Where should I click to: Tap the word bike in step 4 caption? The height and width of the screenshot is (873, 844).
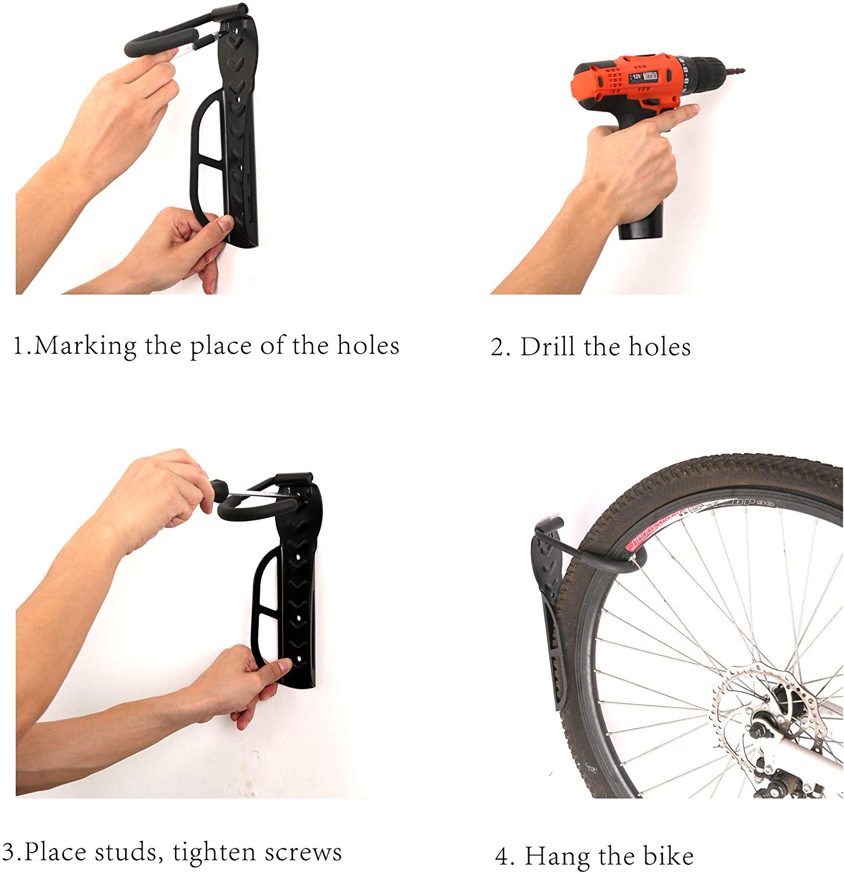point(668,856)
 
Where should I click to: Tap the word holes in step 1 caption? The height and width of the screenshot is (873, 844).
point(368,346)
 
